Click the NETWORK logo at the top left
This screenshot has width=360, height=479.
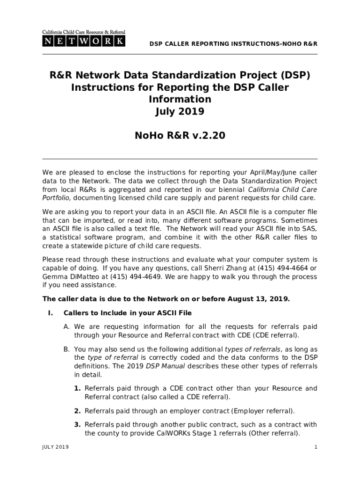click(x=84, y=39)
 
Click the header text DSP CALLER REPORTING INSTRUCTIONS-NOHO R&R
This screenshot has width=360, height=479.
click(x=233, y=44)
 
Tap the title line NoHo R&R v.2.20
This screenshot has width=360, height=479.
click(x=180, y=136)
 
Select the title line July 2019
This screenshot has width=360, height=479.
click(x=180, y=111)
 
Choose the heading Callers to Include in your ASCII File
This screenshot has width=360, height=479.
click(x=128, y=312)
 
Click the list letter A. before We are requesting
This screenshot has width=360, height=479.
click(x=67, y=327)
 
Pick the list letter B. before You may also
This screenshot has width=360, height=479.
click(x=67, y=349)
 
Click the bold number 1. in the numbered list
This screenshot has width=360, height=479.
click(x=78, y=388)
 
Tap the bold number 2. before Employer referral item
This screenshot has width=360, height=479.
click(x=78, y=411)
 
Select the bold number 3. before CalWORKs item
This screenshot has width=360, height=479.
click(x=78, y=425)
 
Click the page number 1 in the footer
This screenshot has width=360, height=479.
click(x=316, y=447)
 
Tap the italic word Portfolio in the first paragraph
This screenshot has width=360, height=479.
click(x=56, y=198)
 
